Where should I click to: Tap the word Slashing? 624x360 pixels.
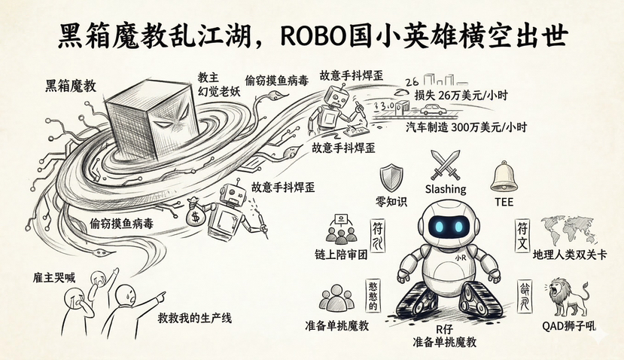coord(446,189)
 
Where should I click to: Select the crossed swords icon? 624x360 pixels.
coord(446,164)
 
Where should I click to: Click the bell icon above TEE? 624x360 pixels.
coord(504,175)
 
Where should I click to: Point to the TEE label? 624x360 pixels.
coord(504,201)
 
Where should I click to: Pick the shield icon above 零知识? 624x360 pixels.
coord(391,176)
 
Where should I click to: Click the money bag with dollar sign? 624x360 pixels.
coord(196,213)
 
